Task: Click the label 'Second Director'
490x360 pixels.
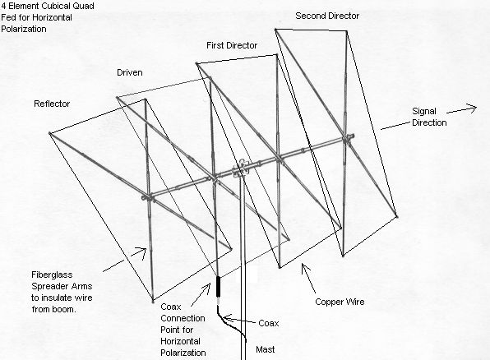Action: coord(327,16)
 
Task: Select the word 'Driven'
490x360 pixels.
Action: coord(127,73)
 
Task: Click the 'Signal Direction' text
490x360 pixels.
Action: coord(429,117)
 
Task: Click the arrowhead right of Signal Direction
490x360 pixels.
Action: coord(474,106)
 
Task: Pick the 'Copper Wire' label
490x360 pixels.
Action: coord(340,302)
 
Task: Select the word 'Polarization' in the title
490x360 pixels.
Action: coord(25,28)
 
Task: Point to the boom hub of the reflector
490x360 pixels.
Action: coord(149,197)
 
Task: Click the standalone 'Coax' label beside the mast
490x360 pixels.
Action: coord(267,323)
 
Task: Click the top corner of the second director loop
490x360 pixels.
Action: coord(275,30)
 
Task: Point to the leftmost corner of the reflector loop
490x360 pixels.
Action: coord(49,132)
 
